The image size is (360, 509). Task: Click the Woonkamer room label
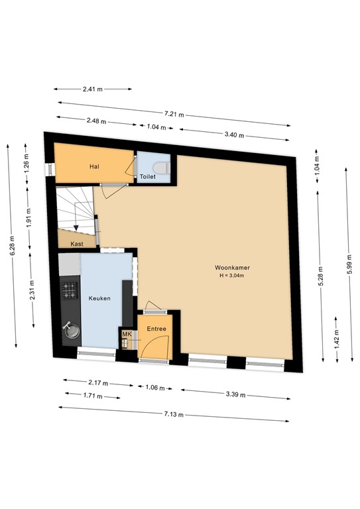click(232, 268)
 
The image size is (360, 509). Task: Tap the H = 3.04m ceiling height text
click(232, 275)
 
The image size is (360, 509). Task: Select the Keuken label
click(99, 298)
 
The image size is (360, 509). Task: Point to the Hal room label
click(95, 166)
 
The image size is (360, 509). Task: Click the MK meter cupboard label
click(127, 335)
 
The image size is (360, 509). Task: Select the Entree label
click(156, 329)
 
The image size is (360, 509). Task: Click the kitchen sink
click(70, 329)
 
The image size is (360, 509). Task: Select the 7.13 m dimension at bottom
click(174, 414)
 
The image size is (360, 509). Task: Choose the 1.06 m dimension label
click(154, 388)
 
